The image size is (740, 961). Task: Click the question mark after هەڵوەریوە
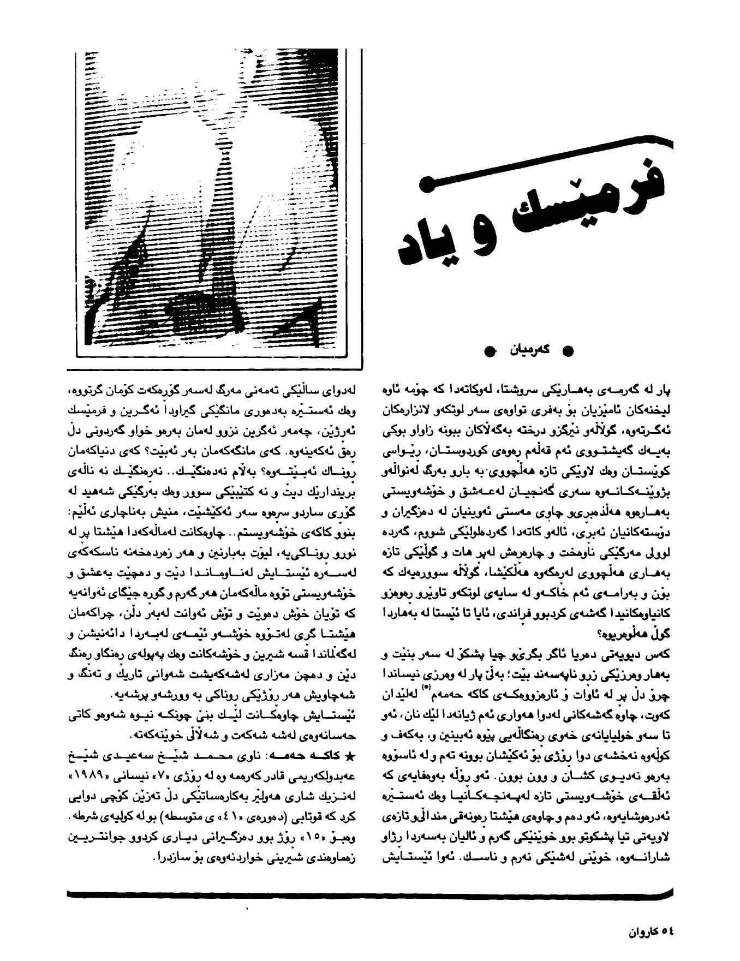(599, 635)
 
